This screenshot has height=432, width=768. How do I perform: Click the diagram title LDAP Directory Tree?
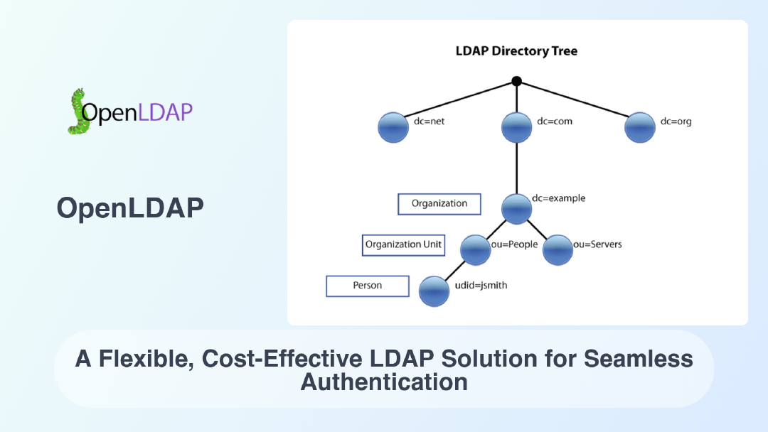tap(516, 51)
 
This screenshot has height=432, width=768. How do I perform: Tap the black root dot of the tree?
tap(517, 81)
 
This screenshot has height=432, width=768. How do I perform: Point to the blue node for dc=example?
tap(516, 208)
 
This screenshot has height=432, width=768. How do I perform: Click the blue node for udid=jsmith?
tap(434, 291)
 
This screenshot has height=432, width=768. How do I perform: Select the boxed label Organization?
tap(439, 204)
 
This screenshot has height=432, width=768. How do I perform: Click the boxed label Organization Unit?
tap(403, 245)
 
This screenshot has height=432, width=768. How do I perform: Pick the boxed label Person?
tap(368, 286)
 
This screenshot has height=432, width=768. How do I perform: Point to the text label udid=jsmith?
tap(480, 286)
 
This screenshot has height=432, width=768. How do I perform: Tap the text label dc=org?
tap(676, 121)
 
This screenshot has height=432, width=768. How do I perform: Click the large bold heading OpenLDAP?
tap(130, 207)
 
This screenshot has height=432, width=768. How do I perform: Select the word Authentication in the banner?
tap(384, 382)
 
